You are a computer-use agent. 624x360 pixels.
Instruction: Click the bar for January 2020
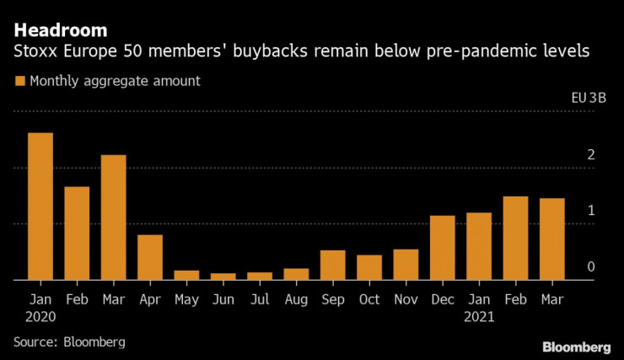[x=40, y=207]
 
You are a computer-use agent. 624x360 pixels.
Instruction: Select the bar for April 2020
[x=150, y=257]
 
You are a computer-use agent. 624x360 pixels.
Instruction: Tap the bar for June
[x=223, y=276]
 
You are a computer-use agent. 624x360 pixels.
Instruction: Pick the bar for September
[x=332, y=265]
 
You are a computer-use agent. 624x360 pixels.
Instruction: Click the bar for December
[x=442, y=248]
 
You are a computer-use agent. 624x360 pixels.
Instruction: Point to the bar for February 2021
[x=515, y=238]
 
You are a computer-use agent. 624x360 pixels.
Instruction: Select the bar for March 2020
[x=113, y=218]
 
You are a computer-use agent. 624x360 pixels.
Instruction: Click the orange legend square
[x=19, y=82]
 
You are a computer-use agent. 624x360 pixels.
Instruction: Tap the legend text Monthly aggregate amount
[x=114, y=82]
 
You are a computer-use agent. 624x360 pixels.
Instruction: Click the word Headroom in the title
[x=59, y=30]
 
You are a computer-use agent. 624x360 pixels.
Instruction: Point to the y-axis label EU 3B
[x=589, y=98]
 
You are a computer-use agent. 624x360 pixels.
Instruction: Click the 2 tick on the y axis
[x=591, y=155]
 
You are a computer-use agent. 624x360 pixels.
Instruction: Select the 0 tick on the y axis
[x=591, y=266]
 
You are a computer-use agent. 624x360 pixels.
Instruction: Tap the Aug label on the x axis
[x=296, y=299]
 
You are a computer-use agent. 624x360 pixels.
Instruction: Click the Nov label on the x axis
[x=406, y=299]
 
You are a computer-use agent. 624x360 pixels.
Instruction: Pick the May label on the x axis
[x=186, y=299]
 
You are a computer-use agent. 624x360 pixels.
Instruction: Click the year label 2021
[x=479, y=318]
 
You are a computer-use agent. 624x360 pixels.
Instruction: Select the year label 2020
[x=40, y=318]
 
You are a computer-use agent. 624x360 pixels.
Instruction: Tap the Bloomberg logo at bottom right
[x=576, y=347]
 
